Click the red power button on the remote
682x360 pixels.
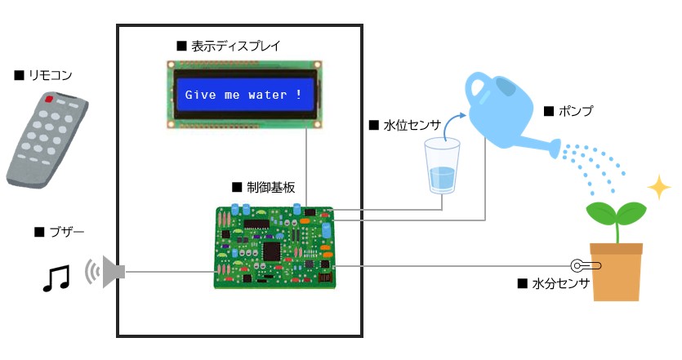(x=49, y=100)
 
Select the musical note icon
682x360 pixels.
(x=56, y=278)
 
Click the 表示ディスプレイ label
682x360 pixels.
(x=234, y=46)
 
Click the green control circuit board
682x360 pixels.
(x=274, y=245)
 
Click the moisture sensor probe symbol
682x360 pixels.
(x=586, y=265)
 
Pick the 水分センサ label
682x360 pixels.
(x=559, y=284)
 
